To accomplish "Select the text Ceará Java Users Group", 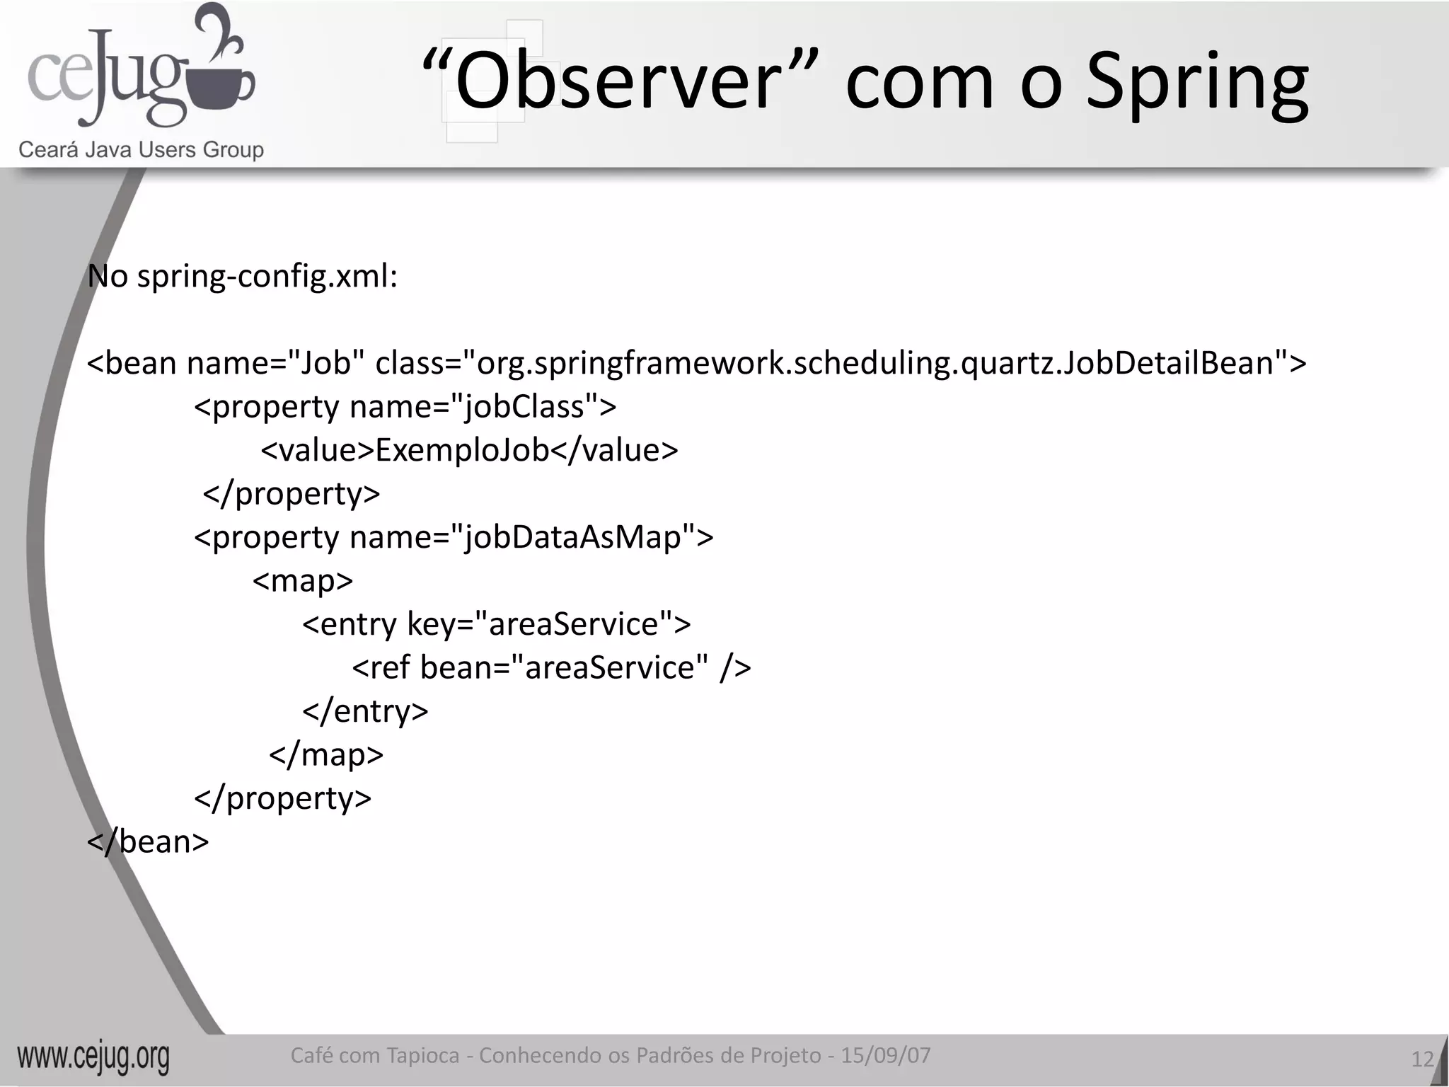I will pyautogui.click(x=141, y=150).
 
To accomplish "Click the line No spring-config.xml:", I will pyautogui.click(x=242, y=277).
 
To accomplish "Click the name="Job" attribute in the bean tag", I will pyautogui.click(x=276, y=363).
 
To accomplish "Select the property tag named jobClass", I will pyautogui.click(x=405, y=407).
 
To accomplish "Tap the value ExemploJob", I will pyautogui.click(x=462, y=450).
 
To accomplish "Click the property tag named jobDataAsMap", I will pyautogui.click(x=454, y=537).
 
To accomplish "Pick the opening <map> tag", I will pyautogui.click(x=303, y=581).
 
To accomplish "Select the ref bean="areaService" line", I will pyautogui.click(x=551, y=667).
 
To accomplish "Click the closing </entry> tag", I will pyautogui.click(x=365, y=711).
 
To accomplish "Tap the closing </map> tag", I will pyautogui.click(x=326, y=754).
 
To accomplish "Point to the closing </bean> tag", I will pyautogui.click(x=148, y=841).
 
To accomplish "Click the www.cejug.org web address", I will pyautogui.click(x=93, y=1057).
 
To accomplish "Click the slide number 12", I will pyautogui.click(x=1421, y=1059).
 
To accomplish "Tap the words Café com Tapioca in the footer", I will pyautogui.click(x=375, y=1055).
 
